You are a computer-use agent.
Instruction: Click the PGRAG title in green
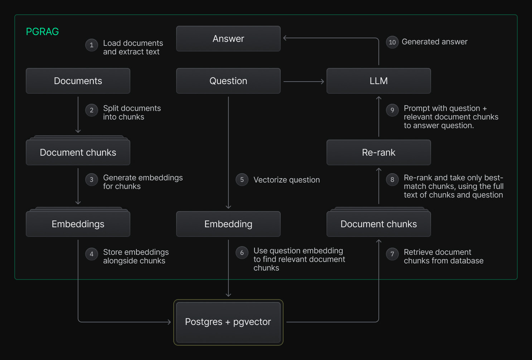pos(42,32)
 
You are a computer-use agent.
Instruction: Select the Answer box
pos(228,39)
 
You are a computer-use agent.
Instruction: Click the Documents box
pos(78,81)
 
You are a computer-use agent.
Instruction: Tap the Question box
pos(228,81)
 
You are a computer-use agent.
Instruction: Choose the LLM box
pos(378,81)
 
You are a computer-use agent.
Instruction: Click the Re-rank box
pos(378,152)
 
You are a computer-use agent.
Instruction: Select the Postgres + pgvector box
pos(228,322)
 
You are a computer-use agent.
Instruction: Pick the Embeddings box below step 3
pos(78,224)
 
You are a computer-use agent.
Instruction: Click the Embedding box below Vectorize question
pos(228,224)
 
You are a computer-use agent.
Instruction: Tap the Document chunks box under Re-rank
pos(378,224)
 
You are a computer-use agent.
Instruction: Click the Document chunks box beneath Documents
pos(78,152)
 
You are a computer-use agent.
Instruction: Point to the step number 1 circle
pos(92,45)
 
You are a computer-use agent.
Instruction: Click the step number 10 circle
pos(392,42)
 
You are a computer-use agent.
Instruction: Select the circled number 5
pos(242,180)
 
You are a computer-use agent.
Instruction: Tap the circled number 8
pos(392,180)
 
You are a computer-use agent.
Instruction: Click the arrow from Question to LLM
pos(304,82)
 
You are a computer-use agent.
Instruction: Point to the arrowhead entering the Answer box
pos(285,38)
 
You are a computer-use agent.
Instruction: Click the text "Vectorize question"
pos(286,180)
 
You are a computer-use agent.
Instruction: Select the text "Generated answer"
pos(434,42)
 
